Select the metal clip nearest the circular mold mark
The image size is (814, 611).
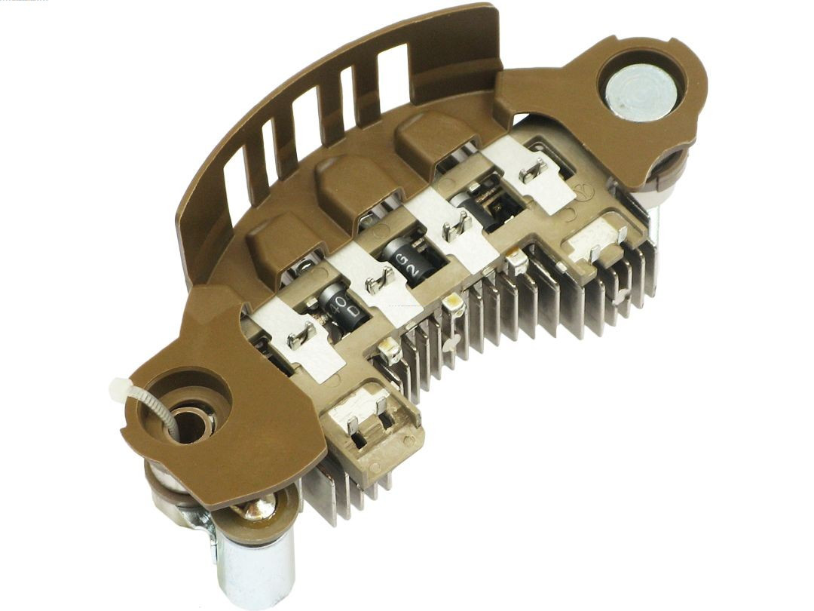pos(534,171)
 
